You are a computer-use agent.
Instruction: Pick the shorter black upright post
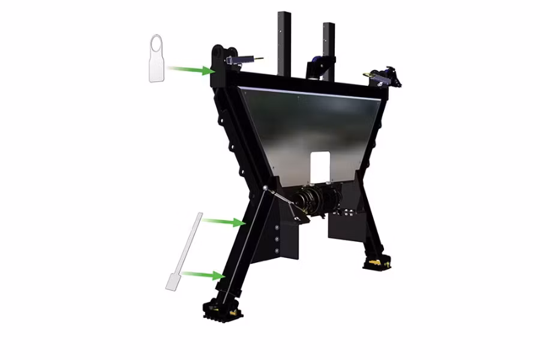point(329,48)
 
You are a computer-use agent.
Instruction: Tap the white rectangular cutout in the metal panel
point(320,167)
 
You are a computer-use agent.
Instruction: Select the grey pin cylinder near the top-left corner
point(246,59)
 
